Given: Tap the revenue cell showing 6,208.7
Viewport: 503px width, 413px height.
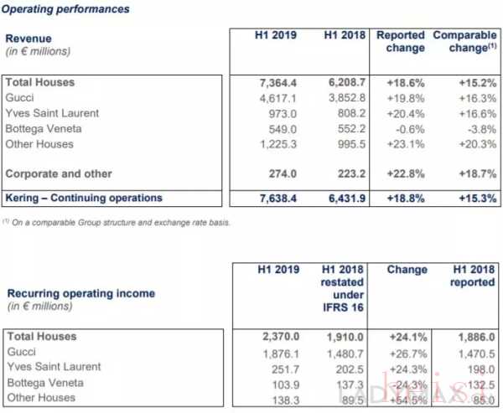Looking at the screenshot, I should click(x=341, y=83).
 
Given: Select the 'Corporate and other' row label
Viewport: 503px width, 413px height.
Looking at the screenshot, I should click(x=59, y=173).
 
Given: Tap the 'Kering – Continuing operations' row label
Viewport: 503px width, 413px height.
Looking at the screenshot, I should click(x=83, y=199).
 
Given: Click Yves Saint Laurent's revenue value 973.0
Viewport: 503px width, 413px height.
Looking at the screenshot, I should click(x=278, y=113).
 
